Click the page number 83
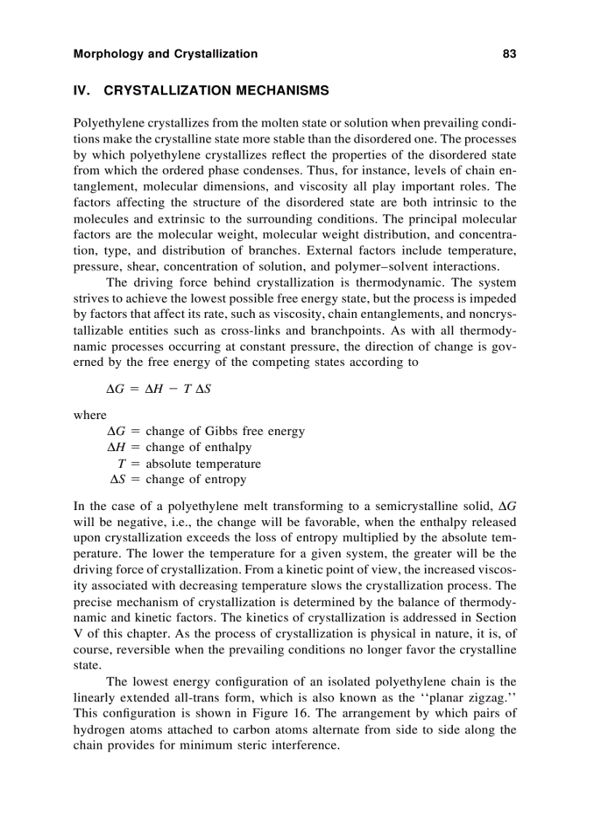(x=509, y=54)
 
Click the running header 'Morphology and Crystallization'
(x=165, y=54)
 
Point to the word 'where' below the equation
(x=90, y=415)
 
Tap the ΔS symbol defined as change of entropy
(x=119, y=479)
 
